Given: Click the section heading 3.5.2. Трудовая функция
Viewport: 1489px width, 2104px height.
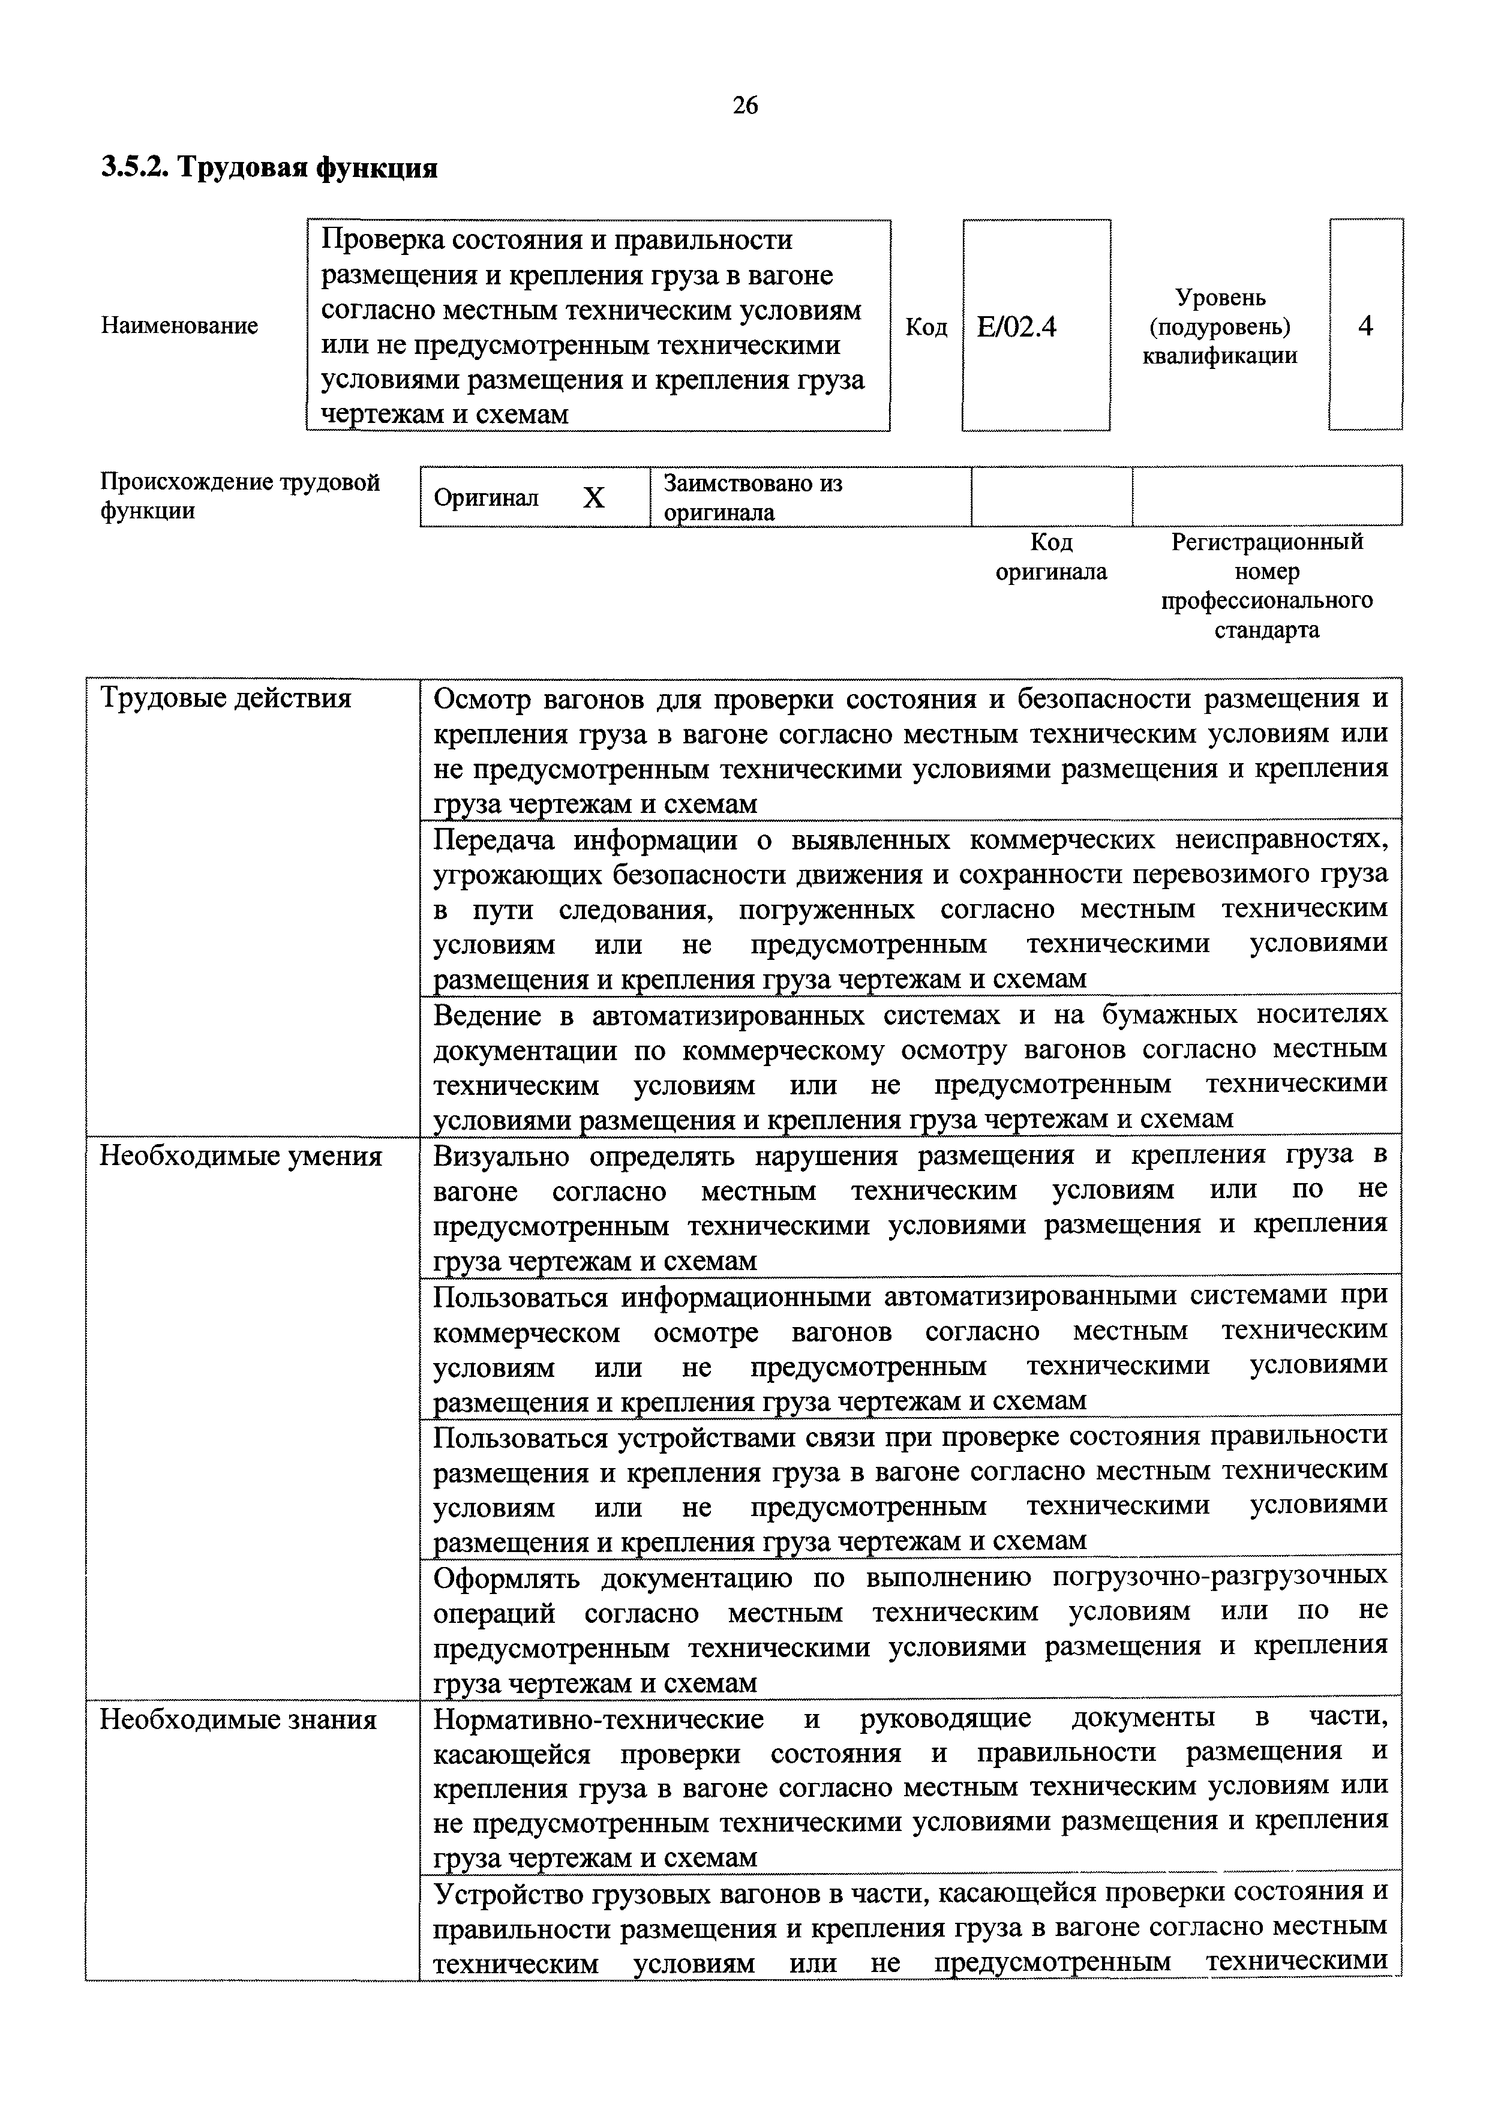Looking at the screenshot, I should click(x=269, y=168).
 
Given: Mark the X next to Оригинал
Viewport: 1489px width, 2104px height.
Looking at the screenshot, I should click(x=594, y=498).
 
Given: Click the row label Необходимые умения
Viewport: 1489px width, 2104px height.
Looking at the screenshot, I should click(x=240, y=1156).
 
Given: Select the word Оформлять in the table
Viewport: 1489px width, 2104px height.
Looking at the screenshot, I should click(x=507, y=1578).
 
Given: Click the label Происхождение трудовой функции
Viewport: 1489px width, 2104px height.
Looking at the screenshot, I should click(x=239, y=496).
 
